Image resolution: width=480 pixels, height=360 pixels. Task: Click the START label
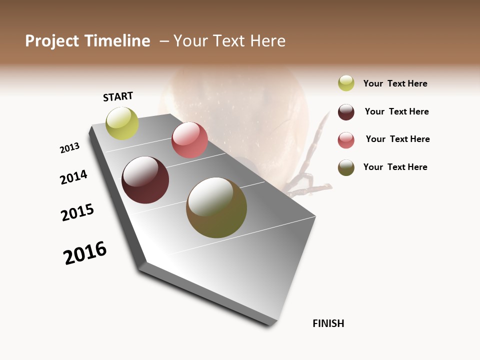tap(118, 96)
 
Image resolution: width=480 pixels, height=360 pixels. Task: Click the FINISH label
tap(328, 323)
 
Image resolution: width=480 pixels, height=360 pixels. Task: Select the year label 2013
tap(69, 148)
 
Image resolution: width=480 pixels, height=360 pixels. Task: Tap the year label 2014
tap(73, 177)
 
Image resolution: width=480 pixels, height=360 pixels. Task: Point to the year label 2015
tap(77, 212)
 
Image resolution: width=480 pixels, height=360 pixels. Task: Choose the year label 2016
tap(85, 252)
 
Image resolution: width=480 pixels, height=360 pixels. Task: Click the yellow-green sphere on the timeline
tap(122, 123)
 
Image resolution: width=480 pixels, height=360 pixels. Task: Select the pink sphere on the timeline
tap(189, 140)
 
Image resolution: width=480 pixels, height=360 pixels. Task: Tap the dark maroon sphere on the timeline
tap(145, 180)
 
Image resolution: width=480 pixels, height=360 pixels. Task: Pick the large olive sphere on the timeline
tap(216, 207)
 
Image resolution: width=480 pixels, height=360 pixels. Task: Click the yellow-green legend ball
tap(346, 83)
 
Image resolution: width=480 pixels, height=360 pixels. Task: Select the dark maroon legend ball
tap(346, 112)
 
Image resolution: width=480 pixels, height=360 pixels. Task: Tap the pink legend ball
tap(346, 140)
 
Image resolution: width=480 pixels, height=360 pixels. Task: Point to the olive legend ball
tap(346, 167)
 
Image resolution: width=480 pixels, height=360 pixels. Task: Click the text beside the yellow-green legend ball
tap(395, 83)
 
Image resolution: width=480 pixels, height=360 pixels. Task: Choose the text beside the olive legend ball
tap(395, 167)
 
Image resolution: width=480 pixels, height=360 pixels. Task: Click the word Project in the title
tap(51, 41)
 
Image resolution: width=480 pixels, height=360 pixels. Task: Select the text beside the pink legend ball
tap(397, 139)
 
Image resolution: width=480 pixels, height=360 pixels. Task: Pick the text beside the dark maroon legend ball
tap(396, 111)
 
